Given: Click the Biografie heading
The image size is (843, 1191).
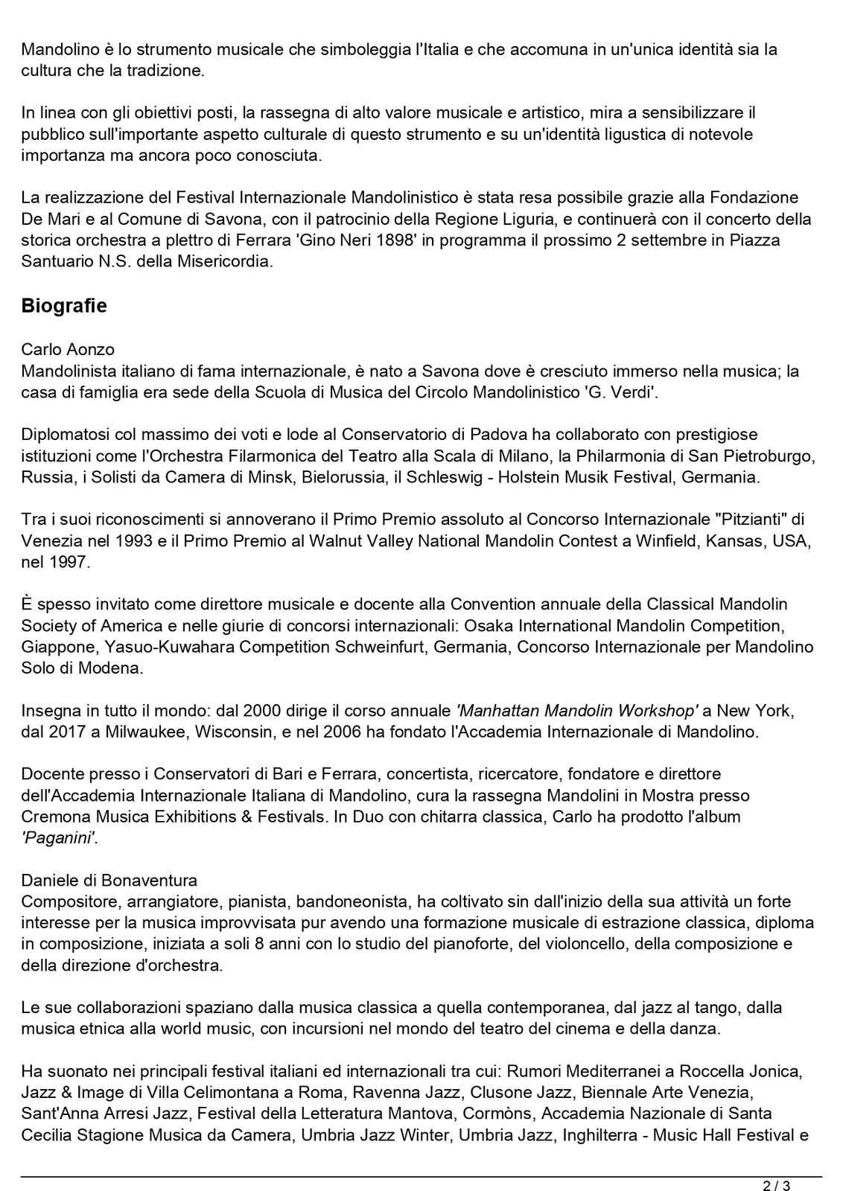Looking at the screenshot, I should point(64,306).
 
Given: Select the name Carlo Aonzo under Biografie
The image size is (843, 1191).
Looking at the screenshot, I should point(68,349).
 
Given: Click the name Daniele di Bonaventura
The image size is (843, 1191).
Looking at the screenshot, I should point(109,880).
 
